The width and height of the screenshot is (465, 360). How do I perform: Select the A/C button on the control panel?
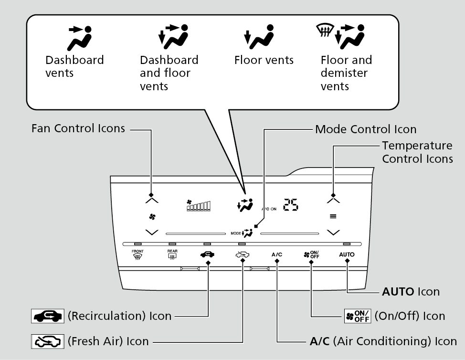(277, 254)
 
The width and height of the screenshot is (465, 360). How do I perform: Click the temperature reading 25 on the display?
(291, 205)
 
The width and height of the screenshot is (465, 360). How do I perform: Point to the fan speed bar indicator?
(198, 206)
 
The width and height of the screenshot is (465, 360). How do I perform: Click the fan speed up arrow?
(151, 200)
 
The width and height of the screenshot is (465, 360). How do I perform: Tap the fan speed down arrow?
(151, 233)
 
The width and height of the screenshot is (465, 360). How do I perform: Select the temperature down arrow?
(333, 233)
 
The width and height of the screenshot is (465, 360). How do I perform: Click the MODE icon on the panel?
(243, 233)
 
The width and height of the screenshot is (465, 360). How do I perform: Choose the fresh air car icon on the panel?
(243, 254)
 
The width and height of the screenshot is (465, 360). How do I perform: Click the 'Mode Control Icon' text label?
(366, 129)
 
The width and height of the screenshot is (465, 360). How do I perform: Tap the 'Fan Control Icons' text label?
(78, 128)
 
